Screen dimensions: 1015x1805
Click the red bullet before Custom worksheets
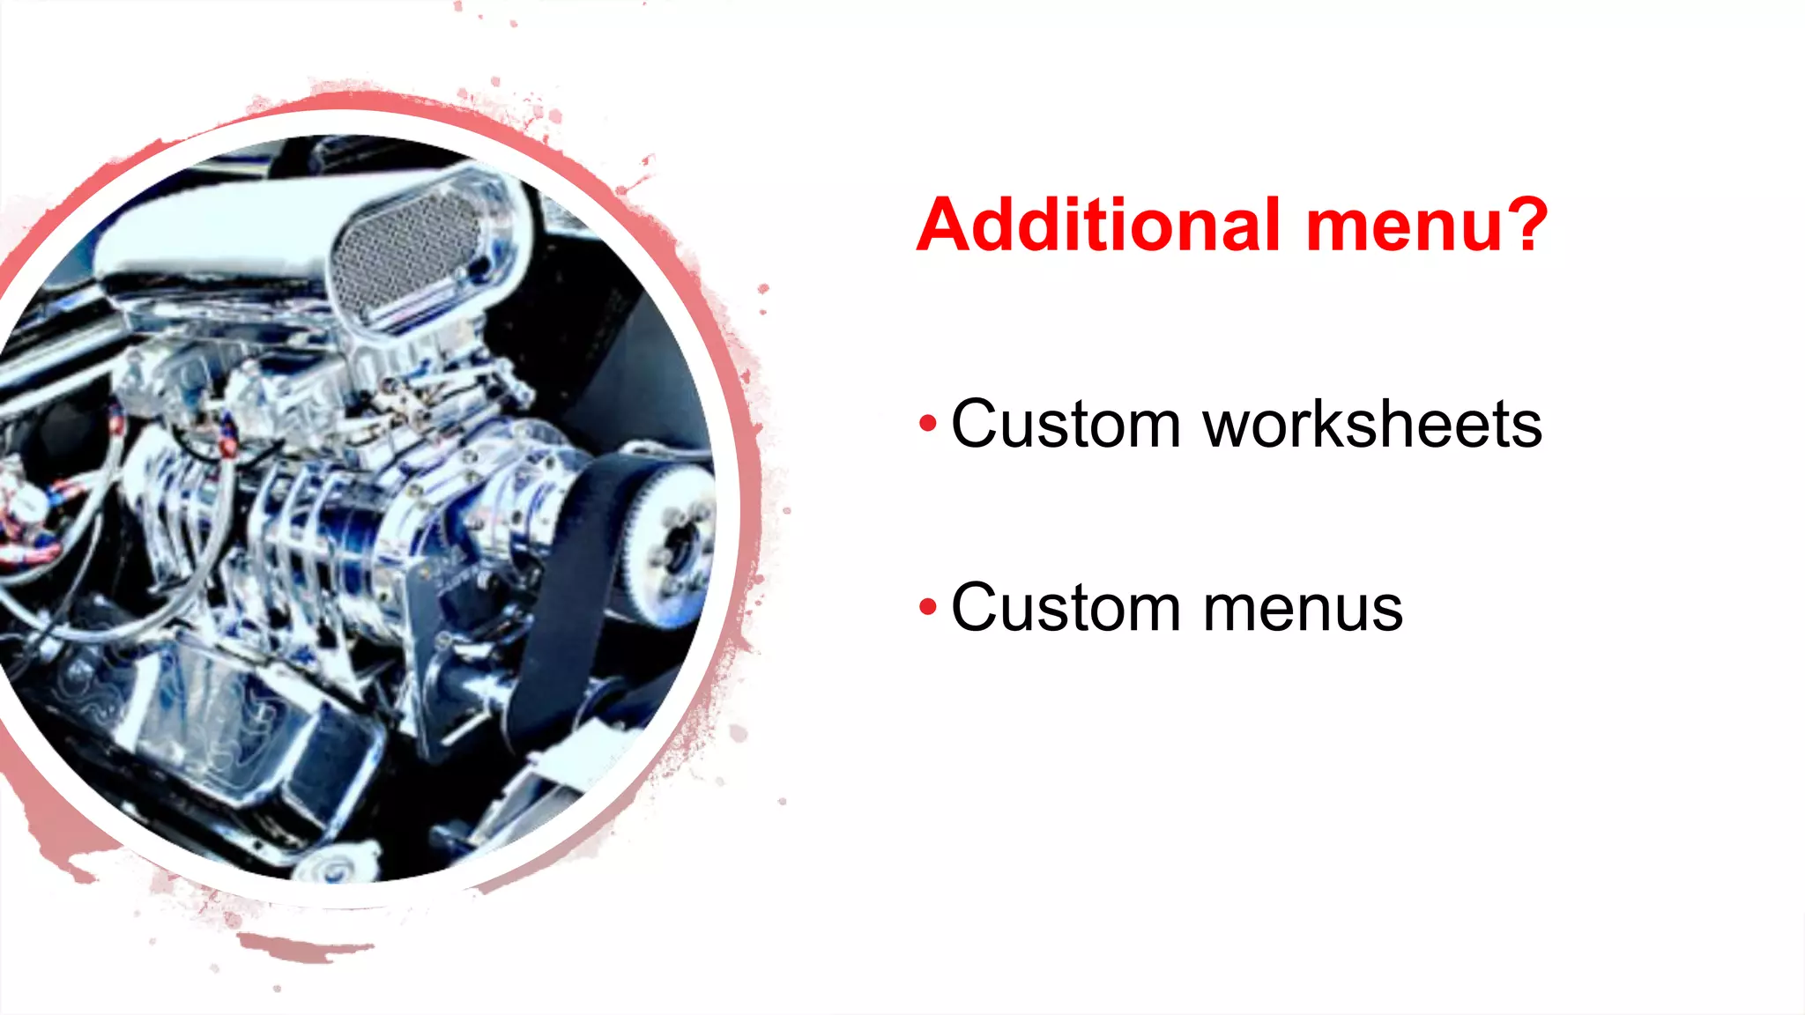(x=927, y=424)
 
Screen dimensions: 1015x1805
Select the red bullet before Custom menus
(x=927, y=607)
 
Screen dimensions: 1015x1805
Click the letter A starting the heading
(x=947, y=225)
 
